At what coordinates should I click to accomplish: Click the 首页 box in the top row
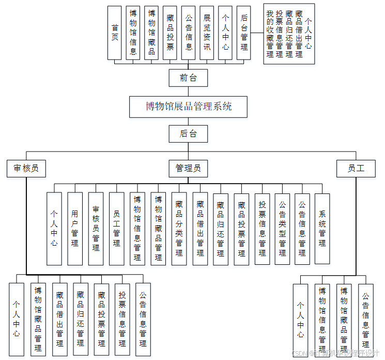(115, 32)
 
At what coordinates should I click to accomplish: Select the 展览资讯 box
(207, 32)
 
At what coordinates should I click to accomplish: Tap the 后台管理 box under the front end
(244, 32)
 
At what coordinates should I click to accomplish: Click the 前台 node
(188, 78)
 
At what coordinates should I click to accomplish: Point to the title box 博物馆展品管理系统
(188, 107)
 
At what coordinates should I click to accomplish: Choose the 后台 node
(188, 134)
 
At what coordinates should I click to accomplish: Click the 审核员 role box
(26, 168)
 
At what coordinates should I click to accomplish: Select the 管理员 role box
(188, 168)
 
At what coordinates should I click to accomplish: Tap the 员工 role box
(356, 168)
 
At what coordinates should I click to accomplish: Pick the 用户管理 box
(75, 228)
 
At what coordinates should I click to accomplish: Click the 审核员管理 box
(96, 228)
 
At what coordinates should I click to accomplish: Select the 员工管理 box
(117, 228)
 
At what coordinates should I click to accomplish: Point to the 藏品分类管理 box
(179, 228)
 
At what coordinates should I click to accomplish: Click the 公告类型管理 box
(282, 228)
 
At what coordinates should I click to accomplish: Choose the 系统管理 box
(322, 228)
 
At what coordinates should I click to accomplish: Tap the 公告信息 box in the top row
(189, 32)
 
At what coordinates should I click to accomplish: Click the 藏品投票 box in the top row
(170, 32)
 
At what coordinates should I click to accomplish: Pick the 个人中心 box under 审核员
(17, 319)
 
